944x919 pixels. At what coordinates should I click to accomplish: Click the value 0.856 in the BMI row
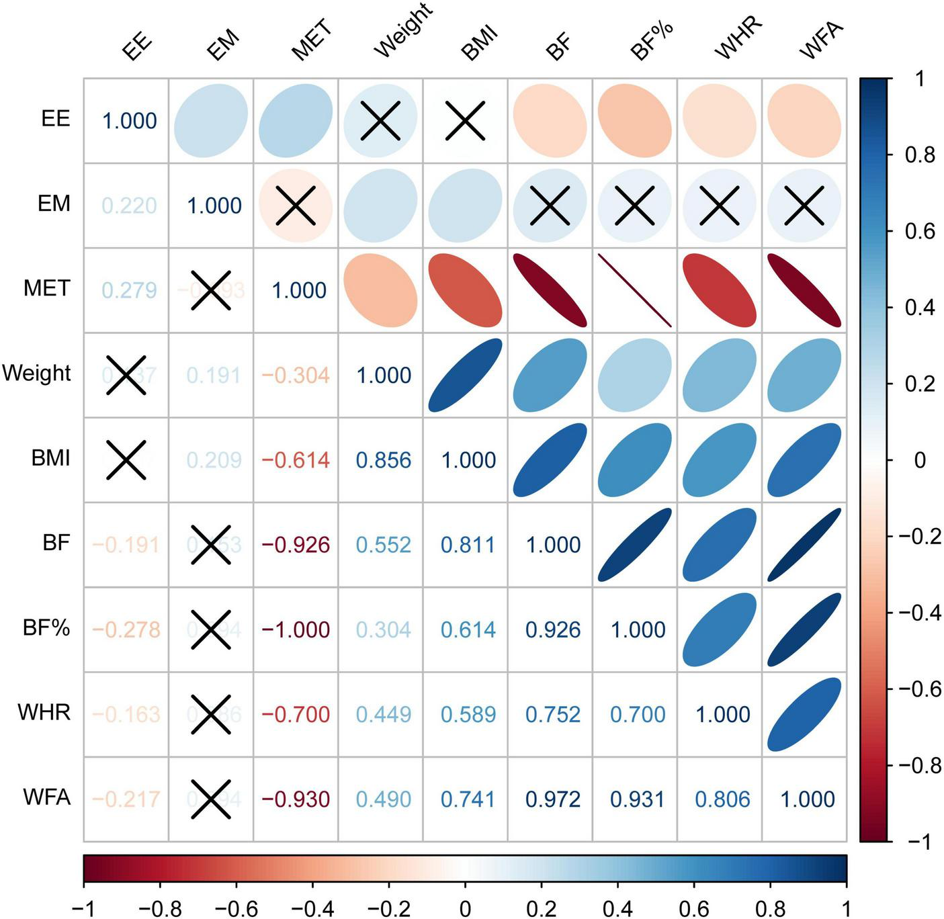click(384, 460)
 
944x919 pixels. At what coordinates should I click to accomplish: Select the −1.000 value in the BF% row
click(296, 630)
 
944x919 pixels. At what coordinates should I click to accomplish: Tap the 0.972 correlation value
click(553, 799)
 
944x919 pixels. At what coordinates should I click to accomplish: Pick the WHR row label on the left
click(44, 712)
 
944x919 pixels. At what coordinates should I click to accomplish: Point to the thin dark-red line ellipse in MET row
click(635, 290)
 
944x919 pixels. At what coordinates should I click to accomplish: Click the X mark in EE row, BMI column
click(465, 121)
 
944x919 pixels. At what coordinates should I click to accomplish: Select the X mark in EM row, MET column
click(296, 206)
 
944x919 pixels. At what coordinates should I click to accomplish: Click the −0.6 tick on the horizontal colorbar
click(237, 908)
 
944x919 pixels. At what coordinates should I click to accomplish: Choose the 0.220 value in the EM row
click(129, 206)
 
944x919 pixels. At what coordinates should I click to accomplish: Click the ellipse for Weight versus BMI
click(465, 375)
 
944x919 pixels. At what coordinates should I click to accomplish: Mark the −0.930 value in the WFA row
click(296, 799)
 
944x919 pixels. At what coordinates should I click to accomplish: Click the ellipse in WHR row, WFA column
click(804, 714)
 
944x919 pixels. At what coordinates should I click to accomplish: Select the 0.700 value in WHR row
click(638, 715)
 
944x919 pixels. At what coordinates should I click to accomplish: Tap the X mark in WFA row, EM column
click(211, 799)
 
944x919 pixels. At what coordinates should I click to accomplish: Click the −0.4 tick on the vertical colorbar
click(918, 613)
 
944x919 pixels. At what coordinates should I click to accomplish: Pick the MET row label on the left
click(46, 288)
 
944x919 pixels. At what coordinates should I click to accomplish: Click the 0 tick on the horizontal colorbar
click(465, 908)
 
